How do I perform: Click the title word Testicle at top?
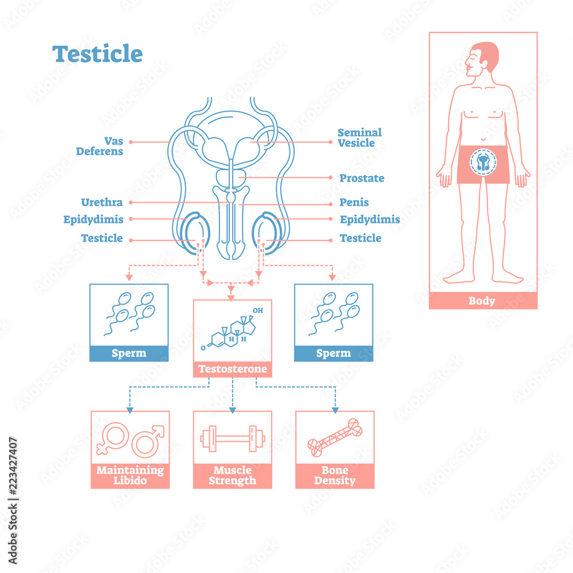[x=97, y=54]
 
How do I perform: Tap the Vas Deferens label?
[x=100, y=146]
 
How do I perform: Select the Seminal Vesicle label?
[x=359, y=138]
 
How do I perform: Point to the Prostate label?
[x=362, y=178]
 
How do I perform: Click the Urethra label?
[x=102, y=202]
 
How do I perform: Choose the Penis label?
[x=354, y=202]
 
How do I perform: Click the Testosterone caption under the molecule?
[x=233, y=369]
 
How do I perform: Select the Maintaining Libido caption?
[x=130, y=476]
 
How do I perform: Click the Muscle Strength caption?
[x=233, y=476]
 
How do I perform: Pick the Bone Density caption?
[x=335, y=476]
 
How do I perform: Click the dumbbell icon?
[x=233, y=439]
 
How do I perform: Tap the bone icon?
[x=335, y=438]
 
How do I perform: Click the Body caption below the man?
[x=482, y=301]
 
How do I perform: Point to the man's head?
[x=482, y=60]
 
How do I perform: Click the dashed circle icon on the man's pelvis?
[x=482, y=163]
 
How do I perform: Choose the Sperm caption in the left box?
[x=129, y=353]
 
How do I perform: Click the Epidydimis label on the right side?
[x=370, y=219]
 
